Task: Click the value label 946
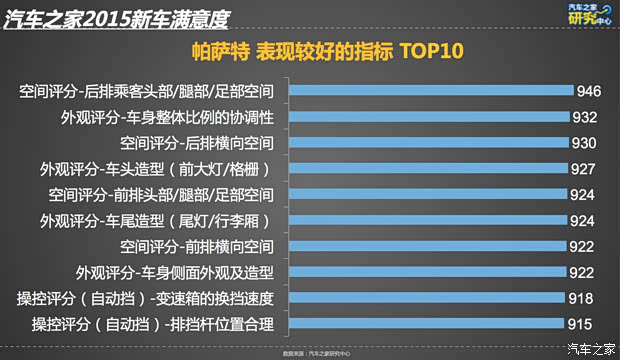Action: [x=588, y=91]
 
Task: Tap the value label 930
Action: [x=583, y=143]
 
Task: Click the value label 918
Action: [x=581, y=298]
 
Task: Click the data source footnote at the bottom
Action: [x=309, y=352]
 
